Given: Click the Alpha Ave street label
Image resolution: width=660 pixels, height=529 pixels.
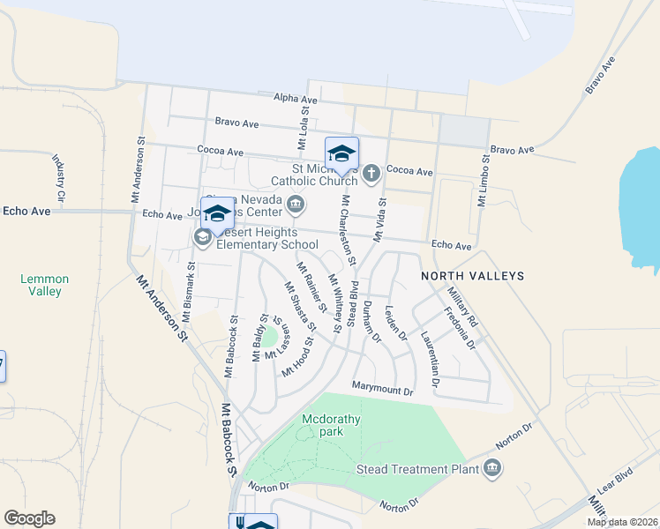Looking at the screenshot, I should coord(295,100).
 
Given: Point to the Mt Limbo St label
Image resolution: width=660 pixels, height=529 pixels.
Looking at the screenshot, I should coord(484,181).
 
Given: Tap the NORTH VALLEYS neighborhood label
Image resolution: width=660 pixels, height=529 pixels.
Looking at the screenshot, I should coord(472,276).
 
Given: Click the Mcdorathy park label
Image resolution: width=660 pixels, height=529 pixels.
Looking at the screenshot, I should coord(331,425).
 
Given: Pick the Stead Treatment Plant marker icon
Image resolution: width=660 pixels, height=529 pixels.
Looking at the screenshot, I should coord(492,469).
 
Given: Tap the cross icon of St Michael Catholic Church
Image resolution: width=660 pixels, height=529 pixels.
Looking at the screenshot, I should coord(371,172).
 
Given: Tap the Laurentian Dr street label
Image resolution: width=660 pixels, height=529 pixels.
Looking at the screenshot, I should coord(430,360).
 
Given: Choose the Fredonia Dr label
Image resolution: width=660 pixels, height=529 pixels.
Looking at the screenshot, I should coord(459,327).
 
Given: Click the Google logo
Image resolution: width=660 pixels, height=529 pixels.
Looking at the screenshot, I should coord(29,518).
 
